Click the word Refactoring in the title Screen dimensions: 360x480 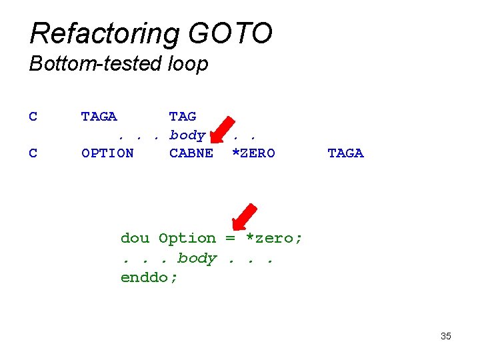point(104,33)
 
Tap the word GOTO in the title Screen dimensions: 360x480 point(231,33)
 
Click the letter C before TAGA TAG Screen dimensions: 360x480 point(33,117)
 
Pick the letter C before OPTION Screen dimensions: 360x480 point(33,153)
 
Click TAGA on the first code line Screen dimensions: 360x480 point(99,117)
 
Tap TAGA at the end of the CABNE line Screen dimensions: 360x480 point(345,153)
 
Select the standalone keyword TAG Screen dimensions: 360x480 point(183,117)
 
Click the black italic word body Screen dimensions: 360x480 point(187,135)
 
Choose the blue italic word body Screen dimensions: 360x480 point(197,258)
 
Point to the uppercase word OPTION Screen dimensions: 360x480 point(107,153)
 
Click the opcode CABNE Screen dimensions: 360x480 point(191,153)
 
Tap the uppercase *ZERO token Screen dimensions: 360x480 point(253,153)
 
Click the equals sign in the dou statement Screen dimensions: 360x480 point(230,238)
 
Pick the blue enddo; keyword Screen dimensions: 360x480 point(149,277)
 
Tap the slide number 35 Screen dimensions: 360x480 point(446,336)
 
